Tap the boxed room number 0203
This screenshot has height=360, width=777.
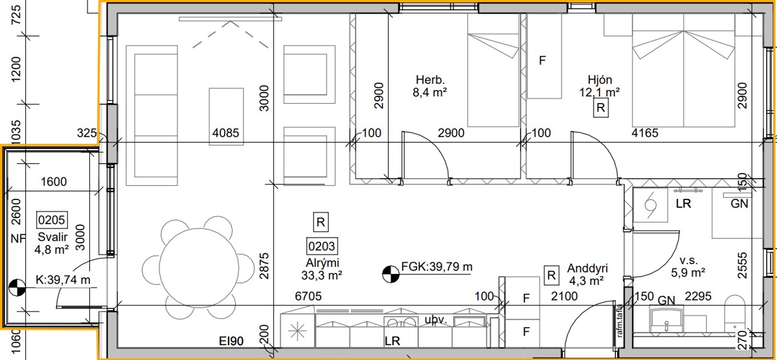click(x=322, y=246)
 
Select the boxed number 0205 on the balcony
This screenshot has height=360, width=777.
click(x=52, y=220)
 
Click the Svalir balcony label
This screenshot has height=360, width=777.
click(x=52, y=237)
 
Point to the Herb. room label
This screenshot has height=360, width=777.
click(x=430, y=80)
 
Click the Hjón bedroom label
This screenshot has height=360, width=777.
click(x=600, y=80)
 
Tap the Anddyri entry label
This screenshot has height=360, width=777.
click(x=588, y=268)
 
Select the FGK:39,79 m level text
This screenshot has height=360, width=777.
click(x=436, y=267)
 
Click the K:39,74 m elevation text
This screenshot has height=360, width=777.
click(x=63, y=280)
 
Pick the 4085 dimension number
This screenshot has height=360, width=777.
click(x=226, y=133)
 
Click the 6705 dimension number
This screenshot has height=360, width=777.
click(x=308, y=296)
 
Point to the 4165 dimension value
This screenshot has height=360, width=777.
click(x=645, y=133)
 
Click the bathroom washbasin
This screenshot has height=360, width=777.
click(x=667, y=320)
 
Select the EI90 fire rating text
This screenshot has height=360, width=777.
click(x=231, y=341)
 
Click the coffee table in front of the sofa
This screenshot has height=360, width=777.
click(x=226, y=117)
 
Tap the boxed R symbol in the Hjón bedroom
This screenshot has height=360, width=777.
click(x=601, y=108)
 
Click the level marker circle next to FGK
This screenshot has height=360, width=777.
click(x=390, y=274)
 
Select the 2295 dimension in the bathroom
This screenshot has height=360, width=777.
click(x=698, y=296)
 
